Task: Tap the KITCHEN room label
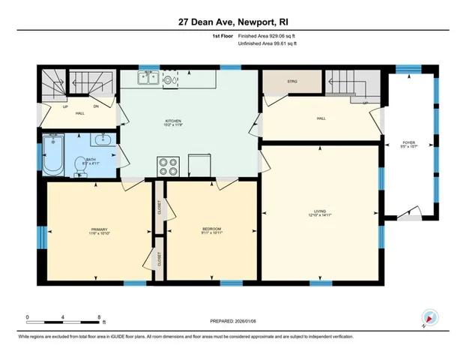coord(174,121)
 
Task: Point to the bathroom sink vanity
coord(102,139)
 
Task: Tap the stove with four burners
coord(167,166)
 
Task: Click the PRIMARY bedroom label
coord(100,230)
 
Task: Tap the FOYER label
coord(408,142)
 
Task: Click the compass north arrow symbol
coord(429,318)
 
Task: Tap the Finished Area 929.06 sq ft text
coord(267,36)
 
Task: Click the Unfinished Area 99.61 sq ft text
coord(267,44)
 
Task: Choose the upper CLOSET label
coord(159,206)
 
